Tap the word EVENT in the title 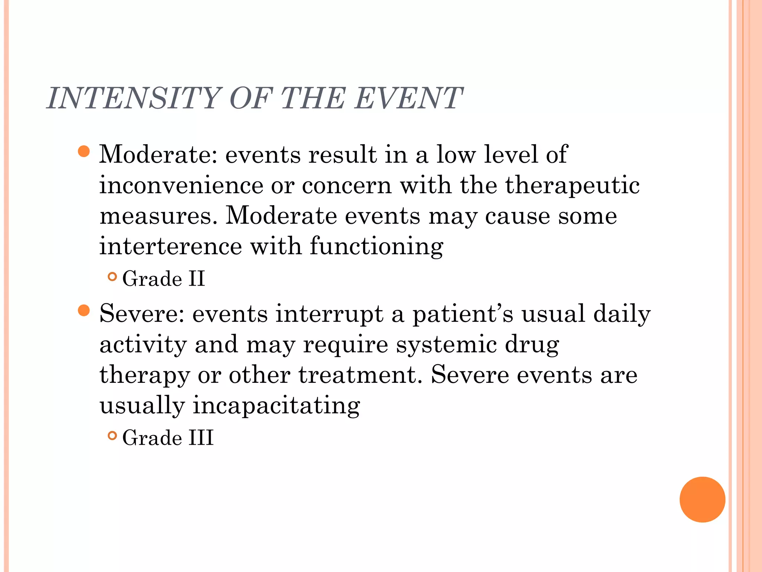(408, 98)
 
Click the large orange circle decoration (702, 499)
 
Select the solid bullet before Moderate (84, 152)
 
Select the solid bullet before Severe (84, 310)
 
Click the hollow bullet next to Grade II (112, 277)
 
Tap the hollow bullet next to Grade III (112, 435)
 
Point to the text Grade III (168, 438)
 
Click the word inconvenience (181, 185)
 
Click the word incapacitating (276, 406)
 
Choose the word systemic (446, 345)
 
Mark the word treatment (360, 375)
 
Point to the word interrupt (329, 314)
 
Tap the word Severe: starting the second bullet (142, 314)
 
